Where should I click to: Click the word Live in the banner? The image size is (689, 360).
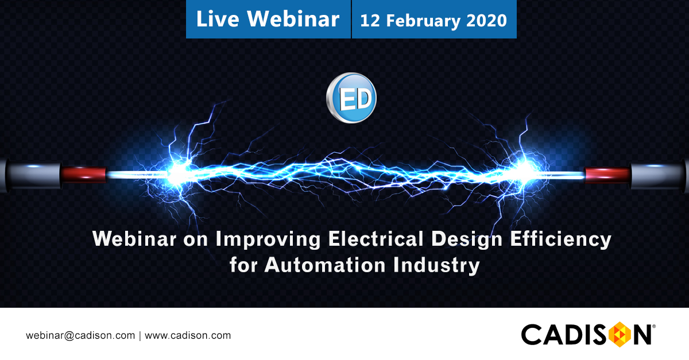tap(218, 19)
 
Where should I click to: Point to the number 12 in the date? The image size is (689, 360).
tap(370, 21)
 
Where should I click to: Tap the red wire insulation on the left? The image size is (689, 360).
tap(84, 172)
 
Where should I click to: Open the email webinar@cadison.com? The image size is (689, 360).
tap(80, 335)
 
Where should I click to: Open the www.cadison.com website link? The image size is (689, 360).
tap(188, 335)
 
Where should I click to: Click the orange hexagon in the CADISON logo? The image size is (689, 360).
tap(618, 335)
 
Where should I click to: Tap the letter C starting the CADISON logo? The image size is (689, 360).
tap(532, 335)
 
